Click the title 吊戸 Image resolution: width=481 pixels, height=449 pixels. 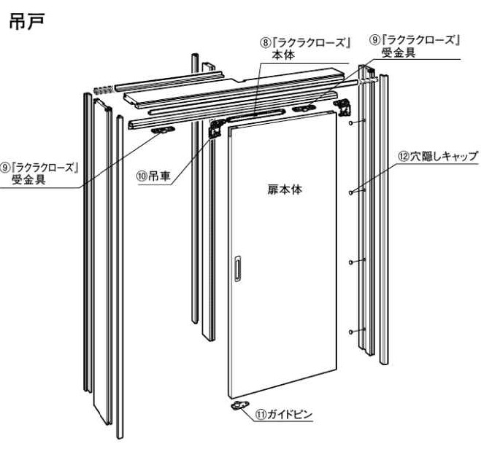click(x=27, y=22)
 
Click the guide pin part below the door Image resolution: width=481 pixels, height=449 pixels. click(x=238, y=405)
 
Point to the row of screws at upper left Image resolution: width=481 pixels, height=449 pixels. click(x=102, y=90)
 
